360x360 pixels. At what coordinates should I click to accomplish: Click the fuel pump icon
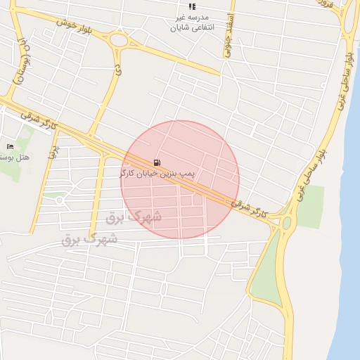coord(155,162)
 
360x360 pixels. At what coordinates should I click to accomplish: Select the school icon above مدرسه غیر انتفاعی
coord(193,6)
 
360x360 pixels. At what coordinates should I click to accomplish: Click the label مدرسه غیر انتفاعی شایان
coord(192,22)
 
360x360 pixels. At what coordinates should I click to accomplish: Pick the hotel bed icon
coord(10,146)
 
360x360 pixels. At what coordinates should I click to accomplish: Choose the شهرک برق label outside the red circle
coord(90,239)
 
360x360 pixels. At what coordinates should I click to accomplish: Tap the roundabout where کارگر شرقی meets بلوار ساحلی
coord(286,223)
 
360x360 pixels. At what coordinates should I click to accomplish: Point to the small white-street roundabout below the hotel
coord(59,200)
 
